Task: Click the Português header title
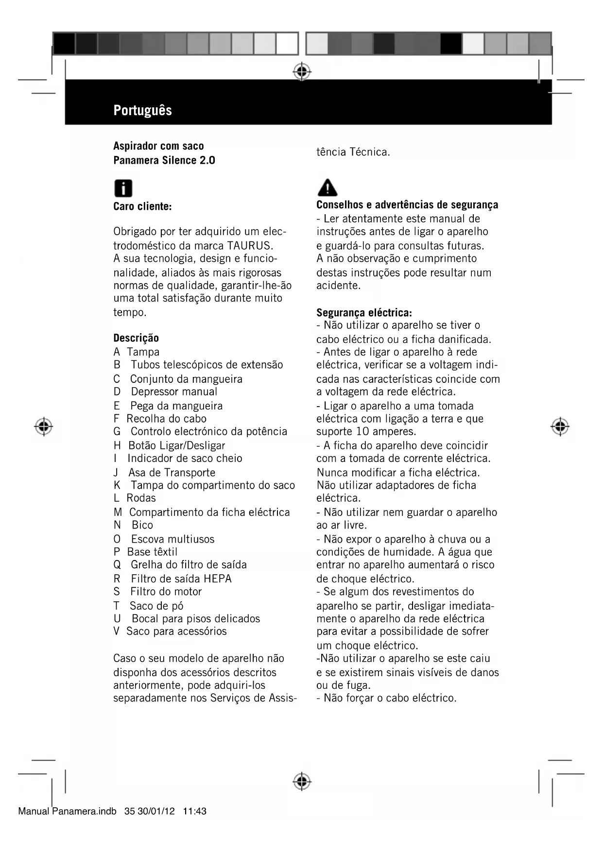click(142, 110)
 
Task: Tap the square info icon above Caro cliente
click(123, 188)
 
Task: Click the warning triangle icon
click(327, 187)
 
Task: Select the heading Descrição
click(136, 338)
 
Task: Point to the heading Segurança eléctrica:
click(364, 312)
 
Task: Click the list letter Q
click(117, 565)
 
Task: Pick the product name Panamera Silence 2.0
click(164, 160)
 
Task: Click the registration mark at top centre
click(302, 71)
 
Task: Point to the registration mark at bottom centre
click(302, 781)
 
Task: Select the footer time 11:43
click(195, 811)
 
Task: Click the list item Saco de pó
click(156, 606)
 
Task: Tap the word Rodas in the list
click(141, 498)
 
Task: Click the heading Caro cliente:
click(142, 206)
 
